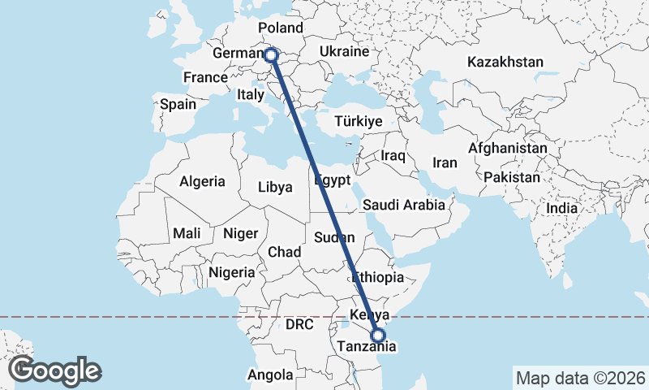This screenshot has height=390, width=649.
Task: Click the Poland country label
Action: pyautogui.click(x=280, y=29)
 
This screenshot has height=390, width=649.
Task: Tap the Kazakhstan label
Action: pyautogui.click(x=505, y=62)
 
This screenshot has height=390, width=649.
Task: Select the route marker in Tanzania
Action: pyautogui.click(x=377, y=334)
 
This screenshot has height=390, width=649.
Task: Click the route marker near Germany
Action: pyautogui.click(x=271, y=55)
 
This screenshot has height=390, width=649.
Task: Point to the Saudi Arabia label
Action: pyautogui.click(x=404, y=205)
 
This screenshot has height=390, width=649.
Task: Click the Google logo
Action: pyautogui.click(x=55, y=370)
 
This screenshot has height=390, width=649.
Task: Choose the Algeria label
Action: pyautogui.click(x=202, y=182)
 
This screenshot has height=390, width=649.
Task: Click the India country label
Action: pyautogui.click(x=561, y=208)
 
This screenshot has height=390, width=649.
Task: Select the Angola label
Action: pyautogui.click(x=271, y=375)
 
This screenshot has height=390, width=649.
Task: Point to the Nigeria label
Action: pyautogui.click(x=232, y=272)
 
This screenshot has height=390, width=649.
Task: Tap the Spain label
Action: pyautogui.click(x=178, y=104)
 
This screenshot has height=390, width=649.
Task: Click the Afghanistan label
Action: pyautogui.click(x=507, y=149)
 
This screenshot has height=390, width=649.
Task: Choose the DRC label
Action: pyautogui.click(x=299, y=324)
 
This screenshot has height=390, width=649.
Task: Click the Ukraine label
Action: pyautogui.click(x=345, y=51)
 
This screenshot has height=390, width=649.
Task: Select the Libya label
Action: pyautogui.click(x=275, y=187)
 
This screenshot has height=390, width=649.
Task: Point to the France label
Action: pyautogui.click(x=204, y=78)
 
